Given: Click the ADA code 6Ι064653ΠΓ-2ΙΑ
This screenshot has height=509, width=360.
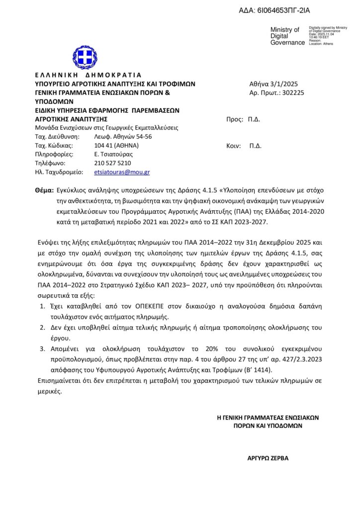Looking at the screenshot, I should point(278,10).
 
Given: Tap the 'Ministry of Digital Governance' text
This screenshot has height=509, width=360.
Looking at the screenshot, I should point(287,36).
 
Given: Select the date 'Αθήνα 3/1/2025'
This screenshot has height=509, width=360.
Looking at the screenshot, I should point(273,84).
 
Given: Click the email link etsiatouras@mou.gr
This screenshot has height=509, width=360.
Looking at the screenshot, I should point(122,172).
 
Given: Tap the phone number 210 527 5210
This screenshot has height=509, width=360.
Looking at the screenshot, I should point(112,163).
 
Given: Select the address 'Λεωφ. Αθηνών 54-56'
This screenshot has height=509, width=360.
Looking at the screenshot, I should point(123,137).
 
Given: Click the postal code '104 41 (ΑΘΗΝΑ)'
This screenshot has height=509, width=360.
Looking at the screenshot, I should point(116,146).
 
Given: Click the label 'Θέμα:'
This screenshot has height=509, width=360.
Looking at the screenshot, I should point(45,190).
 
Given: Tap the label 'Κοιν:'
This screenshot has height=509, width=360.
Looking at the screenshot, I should point(234,146).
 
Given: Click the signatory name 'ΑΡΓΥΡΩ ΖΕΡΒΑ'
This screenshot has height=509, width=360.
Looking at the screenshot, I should point(268,458).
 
